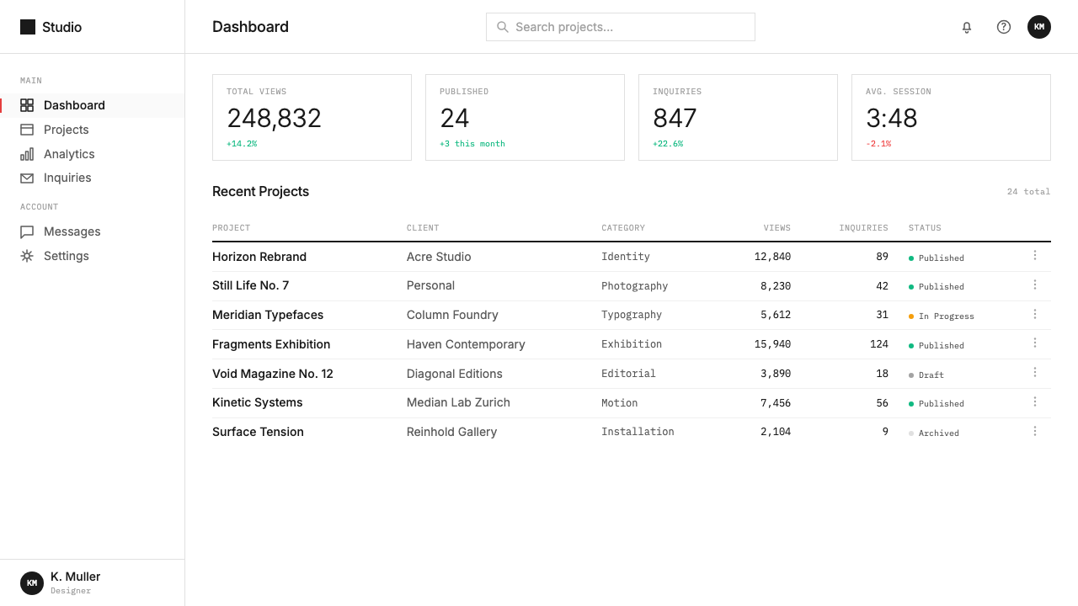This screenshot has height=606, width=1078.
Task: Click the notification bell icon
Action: click(x=966, y=28)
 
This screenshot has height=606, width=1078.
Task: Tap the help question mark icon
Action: click(x=1003, y=27)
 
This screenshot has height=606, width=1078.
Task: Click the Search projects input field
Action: click(x=621, y=27)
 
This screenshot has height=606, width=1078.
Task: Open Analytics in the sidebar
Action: click(x=69, y=154)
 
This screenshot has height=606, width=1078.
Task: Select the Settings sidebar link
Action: click(x=67, y=256)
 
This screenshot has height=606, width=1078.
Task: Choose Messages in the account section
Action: click(x=72, y=231)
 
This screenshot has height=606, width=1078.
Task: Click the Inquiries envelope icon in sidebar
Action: click(x=27, y=178)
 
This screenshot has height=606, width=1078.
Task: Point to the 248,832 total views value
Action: click(x=274, y=119)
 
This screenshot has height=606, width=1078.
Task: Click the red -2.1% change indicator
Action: click(x=878, y=144)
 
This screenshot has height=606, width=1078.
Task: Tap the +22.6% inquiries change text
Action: click(x=668, y=144)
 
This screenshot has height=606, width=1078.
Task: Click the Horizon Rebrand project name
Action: click(x=259, y=257)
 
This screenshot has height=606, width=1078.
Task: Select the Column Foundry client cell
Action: click(x=452, y=315)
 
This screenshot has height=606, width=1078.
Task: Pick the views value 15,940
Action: click(x=772, y=344)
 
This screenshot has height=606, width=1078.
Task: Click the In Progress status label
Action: click(x=946, y=316)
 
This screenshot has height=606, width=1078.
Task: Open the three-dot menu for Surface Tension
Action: click(x=1035, y=432)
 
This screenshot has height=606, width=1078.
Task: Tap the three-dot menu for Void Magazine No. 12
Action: click(x=1035, y=372)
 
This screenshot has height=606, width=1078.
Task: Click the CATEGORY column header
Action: click(x=622, y=228)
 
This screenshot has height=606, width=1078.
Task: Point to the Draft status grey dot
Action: click(x=911, y=375)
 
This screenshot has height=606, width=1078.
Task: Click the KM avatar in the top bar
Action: click(x=1039, y=27)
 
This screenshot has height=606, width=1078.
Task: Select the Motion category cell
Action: click(x=619, y=403)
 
